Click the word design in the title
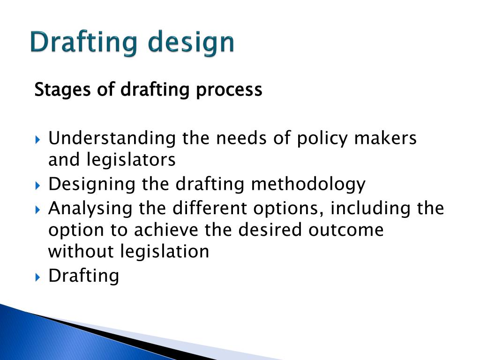191,43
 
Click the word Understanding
112,139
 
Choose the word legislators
131,160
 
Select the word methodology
308,184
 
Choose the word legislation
165,252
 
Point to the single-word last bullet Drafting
84,276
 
